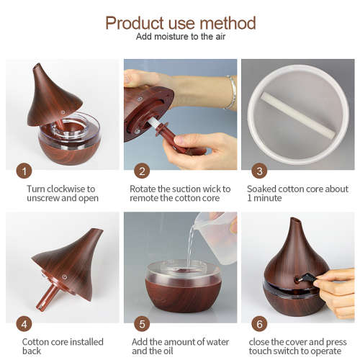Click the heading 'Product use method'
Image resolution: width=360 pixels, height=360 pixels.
click(179, 22)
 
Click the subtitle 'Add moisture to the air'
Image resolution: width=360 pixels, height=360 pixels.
click(179, 37)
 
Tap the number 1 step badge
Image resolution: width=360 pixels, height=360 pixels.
click(25, 171)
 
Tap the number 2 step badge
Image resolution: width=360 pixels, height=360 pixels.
click(143, 171)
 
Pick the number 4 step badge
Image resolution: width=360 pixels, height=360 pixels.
click(25, 323)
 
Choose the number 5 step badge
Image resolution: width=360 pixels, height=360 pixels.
click(143, 323)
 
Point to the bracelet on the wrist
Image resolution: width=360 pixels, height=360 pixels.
click(230, 93)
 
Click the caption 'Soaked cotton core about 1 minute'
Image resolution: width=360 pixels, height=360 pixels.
click(297, 193)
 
